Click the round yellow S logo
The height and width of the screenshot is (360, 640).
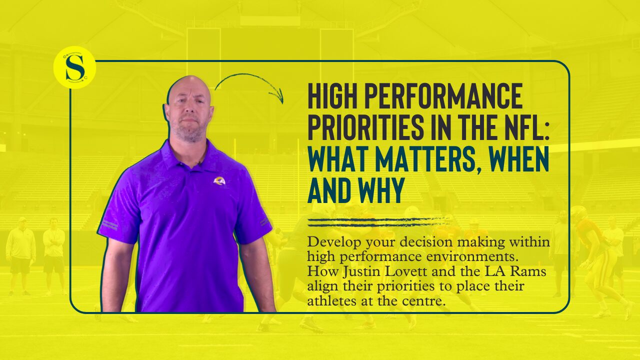tap(74, 67)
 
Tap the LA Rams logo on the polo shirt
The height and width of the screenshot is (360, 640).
tap(219, 180)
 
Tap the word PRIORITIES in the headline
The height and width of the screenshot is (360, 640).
tap(365, 127)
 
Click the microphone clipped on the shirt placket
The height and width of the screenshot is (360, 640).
tap(199, 163)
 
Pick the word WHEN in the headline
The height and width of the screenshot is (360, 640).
tap(519, 159)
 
